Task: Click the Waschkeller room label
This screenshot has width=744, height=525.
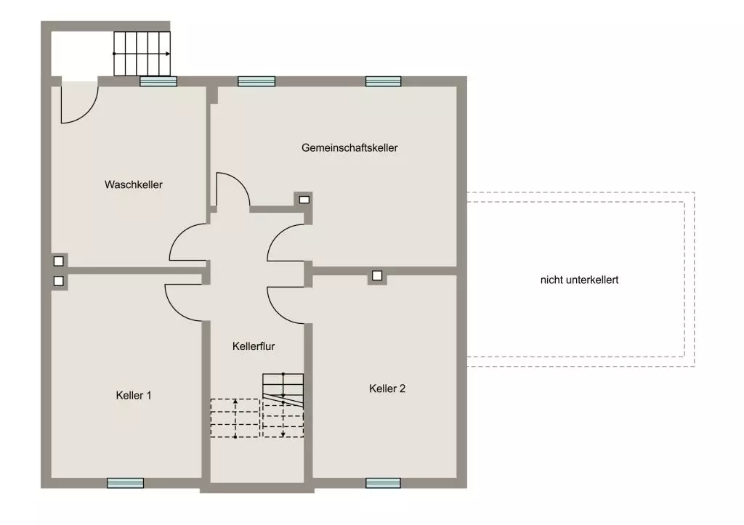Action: [x=134, y=184]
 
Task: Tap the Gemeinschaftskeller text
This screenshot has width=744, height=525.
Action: [x=349, y=147]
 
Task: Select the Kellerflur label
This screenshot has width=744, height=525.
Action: [x=254, y=346]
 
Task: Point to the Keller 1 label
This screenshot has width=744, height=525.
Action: [x=134, y=395]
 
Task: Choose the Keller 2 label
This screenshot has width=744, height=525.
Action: [x=387, y=388]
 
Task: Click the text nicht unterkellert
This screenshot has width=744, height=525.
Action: [x=579, y=280]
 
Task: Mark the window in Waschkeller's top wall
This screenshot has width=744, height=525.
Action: [x=158, y=81]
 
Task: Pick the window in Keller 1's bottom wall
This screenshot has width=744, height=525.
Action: [x=125, y=483]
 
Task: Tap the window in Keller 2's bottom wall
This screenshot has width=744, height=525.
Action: [x=384, y=483]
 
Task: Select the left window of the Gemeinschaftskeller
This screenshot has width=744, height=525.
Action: [x=256, y=81]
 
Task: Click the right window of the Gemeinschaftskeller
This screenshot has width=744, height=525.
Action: [x=384, y=81]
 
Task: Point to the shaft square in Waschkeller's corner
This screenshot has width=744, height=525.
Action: [x=58, y=261]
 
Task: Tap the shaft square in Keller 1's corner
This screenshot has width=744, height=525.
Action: [x=58, y=281]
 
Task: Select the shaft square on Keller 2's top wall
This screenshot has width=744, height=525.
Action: [x=377, y=275]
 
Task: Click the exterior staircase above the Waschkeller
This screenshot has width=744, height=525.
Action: [x=142, y=54]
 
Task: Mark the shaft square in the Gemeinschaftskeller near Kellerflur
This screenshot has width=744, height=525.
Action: [x=304, y=200]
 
